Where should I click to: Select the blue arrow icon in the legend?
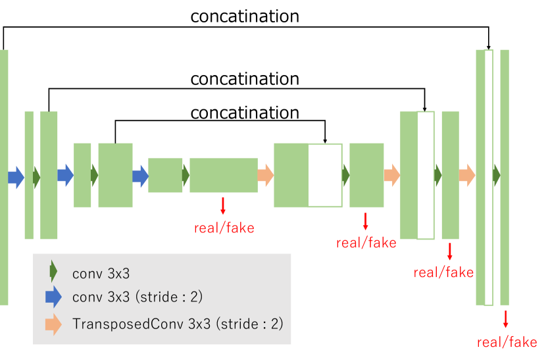pos(53,297)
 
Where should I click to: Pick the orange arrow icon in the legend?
pos(53,324)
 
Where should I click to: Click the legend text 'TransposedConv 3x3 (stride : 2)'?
pos(178,324)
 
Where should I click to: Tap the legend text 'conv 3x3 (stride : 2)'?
pos(137,297)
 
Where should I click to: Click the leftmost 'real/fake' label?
pos(224,228)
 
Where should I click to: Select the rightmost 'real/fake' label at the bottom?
pos(507,342)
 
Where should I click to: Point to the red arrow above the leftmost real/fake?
pos(223,206)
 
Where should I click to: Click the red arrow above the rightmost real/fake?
pos(505,319)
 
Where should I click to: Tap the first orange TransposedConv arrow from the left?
pos(265,175)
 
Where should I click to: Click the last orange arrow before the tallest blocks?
pos(467,175)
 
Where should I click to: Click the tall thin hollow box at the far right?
pos(488,178)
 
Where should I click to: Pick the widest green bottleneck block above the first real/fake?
pos(223,175)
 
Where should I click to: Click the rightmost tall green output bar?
pos(505,176)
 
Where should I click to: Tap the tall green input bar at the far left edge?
pos(4,176)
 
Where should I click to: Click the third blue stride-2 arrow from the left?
pos(141,175)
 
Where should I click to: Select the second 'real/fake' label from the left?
pos(366,243)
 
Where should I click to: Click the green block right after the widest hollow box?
pos(366,175)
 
